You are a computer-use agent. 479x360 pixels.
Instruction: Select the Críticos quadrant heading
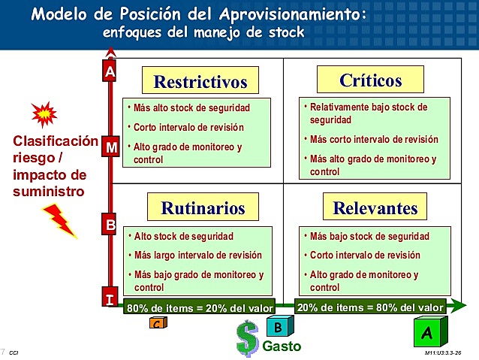(x=370, y=80)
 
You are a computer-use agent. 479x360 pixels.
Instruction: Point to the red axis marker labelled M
(x=110, y=147)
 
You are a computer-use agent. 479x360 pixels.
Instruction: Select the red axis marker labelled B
(x=110, y=223)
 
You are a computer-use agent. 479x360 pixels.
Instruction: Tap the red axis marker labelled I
(x=110, y=300)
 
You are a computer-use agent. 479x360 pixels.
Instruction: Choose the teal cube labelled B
(x=278, y=326)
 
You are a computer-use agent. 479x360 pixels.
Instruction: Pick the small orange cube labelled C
(x=158, y=323)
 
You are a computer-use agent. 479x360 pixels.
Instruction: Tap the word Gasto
(x=282, y=346)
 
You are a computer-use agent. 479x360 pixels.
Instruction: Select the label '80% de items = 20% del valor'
(x=200, y=307)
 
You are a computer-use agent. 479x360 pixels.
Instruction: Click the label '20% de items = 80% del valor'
(x=371, y=307)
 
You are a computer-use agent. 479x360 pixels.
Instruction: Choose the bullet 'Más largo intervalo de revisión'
(x=197, y=255)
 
